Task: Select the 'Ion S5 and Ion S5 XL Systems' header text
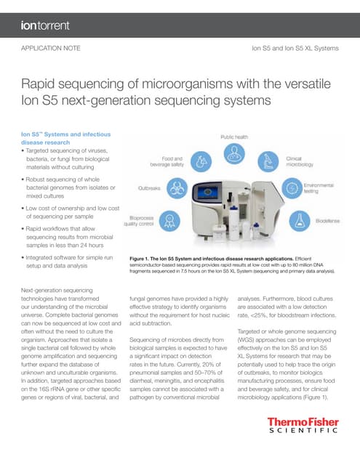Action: coord(295,49)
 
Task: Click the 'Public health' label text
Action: coord(236,137)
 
